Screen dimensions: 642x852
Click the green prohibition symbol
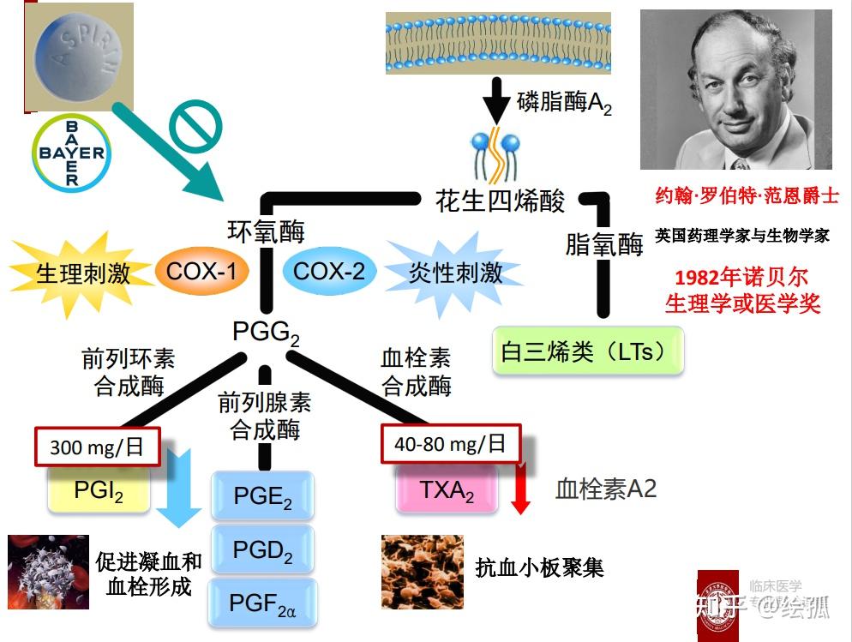pyautogui.click(x=195, y=129)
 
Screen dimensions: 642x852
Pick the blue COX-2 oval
pyautogui.click(x=329, y=272)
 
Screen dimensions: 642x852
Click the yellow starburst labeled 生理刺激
pyautogui.click(x=83, y=273)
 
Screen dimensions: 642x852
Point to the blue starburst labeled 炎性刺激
pyautogui.click(x=455, y=273)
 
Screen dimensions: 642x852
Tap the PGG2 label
pyautogui.click(x=266, y=332)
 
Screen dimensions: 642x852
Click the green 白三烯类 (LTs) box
pyautogui.click(x=588, y=351)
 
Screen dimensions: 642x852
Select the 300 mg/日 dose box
pyautogui.click(x=96, y=446)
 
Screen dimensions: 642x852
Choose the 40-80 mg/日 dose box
pyautogui.click(x=450, y=444)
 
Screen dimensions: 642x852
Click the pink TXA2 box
pyautogui.click(x=447, y=491)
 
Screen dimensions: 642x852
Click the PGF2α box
pyautogui.click(x=263, y=603)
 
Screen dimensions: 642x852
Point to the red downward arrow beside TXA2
pyautogui.click(x=519, y=491)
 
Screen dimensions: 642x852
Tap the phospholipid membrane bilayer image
pyautogui.click(x=498, y=42)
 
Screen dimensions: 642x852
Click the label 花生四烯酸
pyautogui.click(x=501, y=201)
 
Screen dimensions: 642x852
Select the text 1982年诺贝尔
pyautogui.click(x=741, y=278)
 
